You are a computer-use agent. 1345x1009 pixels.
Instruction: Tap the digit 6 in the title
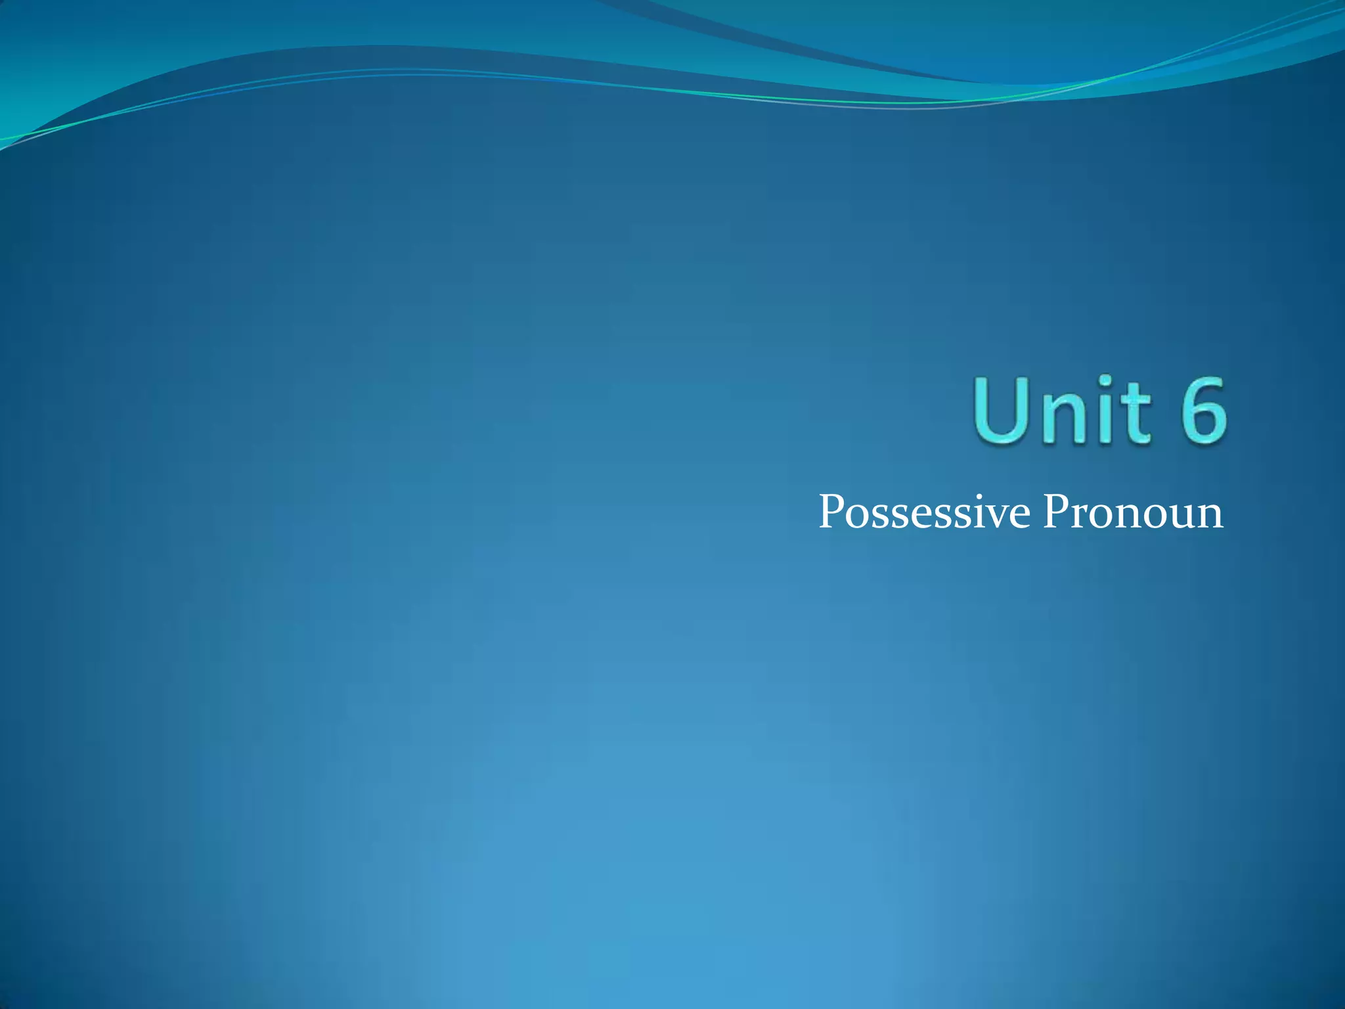click(x=1199, y=410)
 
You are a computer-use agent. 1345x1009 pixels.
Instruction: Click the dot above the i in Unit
click(x=1105, y=382)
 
